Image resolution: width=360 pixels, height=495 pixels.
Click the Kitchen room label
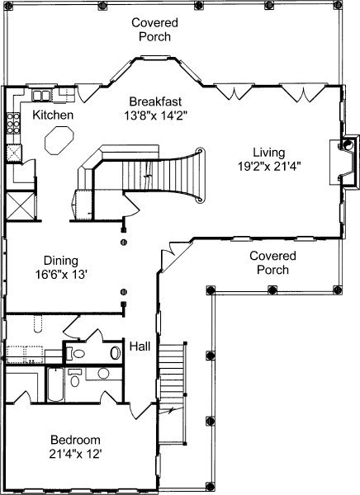[x=53, y=115]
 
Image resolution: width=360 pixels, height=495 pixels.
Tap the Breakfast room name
[x=155, y=101]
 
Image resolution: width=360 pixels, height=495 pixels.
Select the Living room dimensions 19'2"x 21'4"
[x=268, y=167]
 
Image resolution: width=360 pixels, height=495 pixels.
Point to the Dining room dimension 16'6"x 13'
[x=61, y=275]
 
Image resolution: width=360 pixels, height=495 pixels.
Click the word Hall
[x=140, y=346]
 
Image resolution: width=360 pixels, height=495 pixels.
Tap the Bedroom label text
[x=75, y=440]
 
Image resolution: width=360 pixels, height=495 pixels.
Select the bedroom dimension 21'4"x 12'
[x=75, y=454]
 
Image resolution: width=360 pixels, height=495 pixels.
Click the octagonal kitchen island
[x=59, y=140]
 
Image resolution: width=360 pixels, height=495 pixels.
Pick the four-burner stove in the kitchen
[x=13, y=123]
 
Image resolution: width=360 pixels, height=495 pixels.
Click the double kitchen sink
[x=41, y=96]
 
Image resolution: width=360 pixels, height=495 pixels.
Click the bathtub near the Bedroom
[x=55, y=384]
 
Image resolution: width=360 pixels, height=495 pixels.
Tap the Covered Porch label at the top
[x=155, y=30]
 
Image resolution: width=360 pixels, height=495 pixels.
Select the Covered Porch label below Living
[x=272, y=262]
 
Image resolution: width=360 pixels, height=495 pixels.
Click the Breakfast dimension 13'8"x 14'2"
[x=156, y=115]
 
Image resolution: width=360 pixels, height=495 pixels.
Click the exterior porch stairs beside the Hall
[x=173, y=394]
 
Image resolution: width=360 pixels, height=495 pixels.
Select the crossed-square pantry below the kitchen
[x=20, y=205]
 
